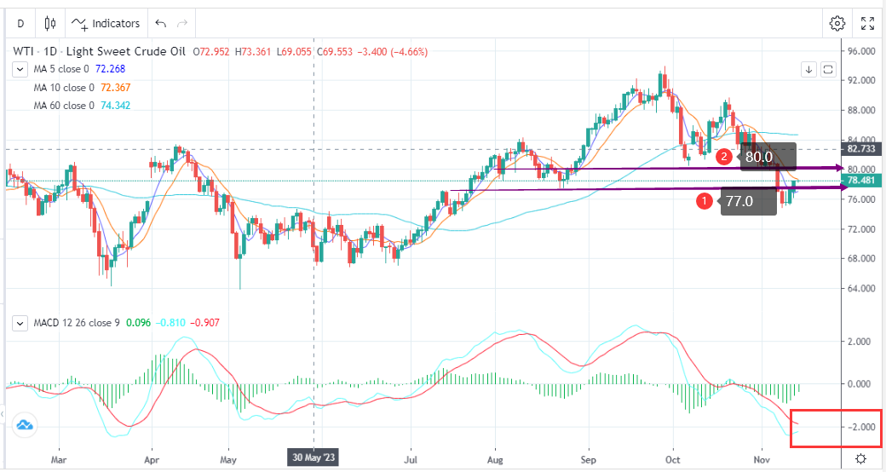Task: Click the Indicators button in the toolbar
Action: coord(107,23)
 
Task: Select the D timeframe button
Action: coord(20,23)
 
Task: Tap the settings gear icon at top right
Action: coord(837,23)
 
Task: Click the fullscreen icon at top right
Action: coord(867,23)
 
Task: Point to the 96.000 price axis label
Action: coord(862,51)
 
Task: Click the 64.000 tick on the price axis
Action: coord(862,289)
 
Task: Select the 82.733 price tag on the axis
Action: coord(860,148)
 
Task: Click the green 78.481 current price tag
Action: coord(860,181)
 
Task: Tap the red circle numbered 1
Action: coord(705,201)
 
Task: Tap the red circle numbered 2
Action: coord(723,157)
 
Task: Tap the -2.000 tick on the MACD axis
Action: coord(862,427)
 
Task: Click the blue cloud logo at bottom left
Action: coord(23,424)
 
